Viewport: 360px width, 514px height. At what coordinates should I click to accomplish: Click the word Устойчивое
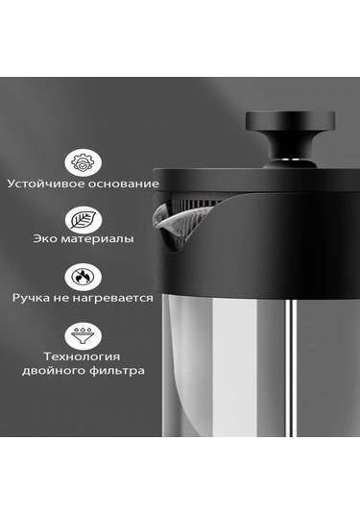coord(42,183)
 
